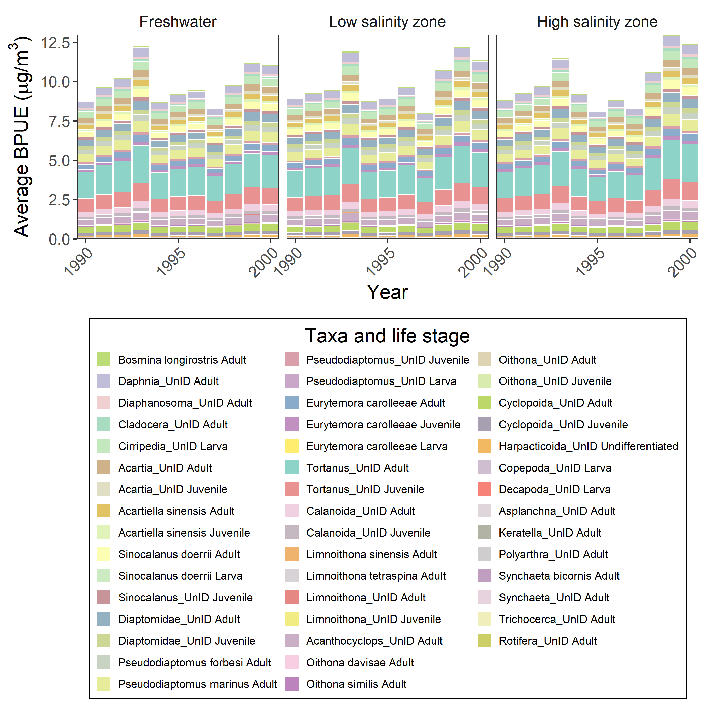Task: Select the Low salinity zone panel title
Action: tap(387, 22)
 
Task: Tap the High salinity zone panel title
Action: tap(597, 22)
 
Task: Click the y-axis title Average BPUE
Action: tap(21, 137)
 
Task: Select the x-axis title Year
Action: tap(387, 292)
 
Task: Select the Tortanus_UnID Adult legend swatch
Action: tap(292, 468)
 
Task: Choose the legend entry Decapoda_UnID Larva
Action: tap(554, 489)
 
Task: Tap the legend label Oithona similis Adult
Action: tap(356, 684)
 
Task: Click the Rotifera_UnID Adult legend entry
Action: tap(547, 641)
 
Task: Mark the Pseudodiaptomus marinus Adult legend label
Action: tap(197, 684)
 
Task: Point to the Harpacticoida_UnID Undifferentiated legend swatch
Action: tap(484, 446)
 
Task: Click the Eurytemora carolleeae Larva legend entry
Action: tap(377, 446)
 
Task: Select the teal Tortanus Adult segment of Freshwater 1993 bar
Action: tap(141, 164)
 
